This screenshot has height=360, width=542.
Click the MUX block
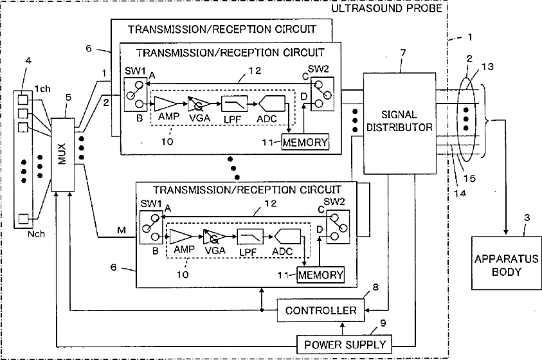coord(62,154)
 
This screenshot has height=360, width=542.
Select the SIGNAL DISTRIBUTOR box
coord(399,123)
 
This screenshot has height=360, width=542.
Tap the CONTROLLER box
coord(321,310)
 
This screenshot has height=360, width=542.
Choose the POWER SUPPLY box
coord(345,345)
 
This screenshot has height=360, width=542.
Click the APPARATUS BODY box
coord(507,263)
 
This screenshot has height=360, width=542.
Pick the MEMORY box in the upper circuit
coord(305,142)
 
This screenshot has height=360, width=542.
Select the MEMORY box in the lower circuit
coord(321,275)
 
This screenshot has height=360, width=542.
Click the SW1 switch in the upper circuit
coord(134,94)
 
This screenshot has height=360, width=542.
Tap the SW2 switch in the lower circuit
coord(338,227)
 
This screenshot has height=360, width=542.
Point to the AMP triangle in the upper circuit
coord(165,104)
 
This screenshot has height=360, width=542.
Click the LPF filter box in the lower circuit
coord(250,237)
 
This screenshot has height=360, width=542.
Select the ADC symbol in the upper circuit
coord(272,104)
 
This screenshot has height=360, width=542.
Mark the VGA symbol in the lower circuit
coord(214,237)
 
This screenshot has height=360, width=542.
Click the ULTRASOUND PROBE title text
coord(387,8)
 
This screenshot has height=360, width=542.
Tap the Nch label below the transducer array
coord(36,234)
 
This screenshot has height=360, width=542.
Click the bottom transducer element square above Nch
coord(23,219)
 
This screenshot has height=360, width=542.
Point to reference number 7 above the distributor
coord(403,53)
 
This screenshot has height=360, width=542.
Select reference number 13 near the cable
coord(487,66)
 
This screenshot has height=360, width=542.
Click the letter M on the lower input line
coord(122,230)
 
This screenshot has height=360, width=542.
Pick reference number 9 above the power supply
coord(383,323)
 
